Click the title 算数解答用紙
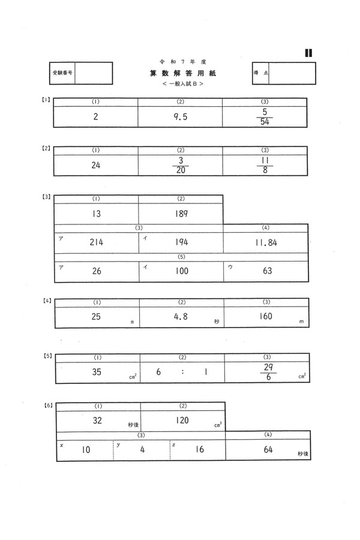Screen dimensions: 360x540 182,73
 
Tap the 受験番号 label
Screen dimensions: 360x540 62,73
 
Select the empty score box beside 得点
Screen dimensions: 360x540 292,73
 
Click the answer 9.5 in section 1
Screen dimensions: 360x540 181,117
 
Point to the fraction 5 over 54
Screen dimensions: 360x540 265,117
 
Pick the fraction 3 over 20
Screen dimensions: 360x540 181,166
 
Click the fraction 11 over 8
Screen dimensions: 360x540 265,166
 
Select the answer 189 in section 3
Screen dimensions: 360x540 181,214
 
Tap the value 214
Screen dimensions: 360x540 97,242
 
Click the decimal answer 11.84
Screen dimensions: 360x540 266,243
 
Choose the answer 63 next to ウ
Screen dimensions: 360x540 268,271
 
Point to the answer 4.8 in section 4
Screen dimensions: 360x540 181,316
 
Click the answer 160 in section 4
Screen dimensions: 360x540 266,316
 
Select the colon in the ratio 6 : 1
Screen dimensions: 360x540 182,372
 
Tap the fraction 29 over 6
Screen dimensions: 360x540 268,372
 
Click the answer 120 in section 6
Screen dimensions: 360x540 182,421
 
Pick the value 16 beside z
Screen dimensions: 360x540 199,449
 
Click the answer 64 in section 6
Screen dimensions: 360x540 268,449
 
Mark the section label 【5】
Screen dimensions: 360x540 48,356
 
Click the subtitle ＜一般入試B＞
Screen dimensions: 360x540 182,83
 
